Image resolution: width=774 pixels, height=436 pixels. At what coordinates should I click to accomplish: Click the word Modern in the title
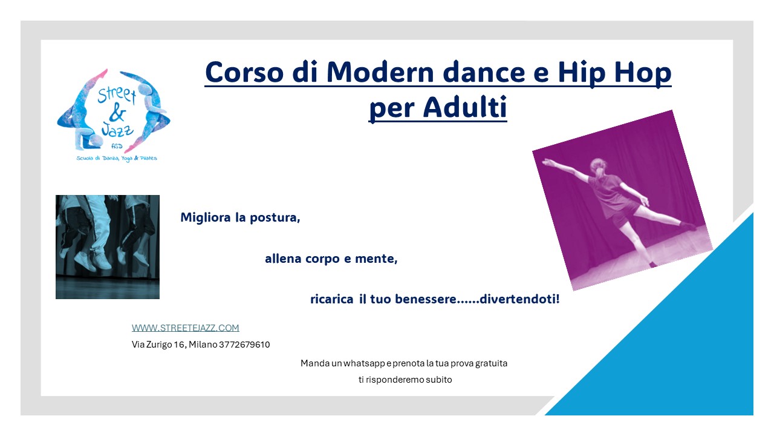point(380,72)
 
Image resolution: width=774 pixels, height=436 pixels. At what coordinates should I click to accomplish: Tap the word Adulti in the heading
point(465,107)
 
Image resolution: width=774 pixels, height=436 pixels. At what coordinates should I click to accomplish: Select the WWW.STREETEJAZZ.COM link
point(185,328)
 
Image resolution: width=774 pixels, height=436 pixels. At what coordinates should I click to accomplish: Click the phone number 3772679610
point(244,345)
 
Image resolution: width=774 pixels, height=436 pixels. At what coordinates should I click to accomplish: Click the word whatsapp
point(364,363)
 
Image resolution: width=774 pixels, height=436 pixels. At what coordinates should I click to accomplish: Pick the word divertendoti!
point(519,299)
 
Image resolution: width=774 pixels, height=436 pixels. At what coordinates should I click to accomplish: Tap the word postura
point(275,217)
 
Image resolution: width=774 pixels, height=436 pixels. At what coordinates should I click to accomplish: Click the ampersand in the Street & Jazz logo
point(117,112)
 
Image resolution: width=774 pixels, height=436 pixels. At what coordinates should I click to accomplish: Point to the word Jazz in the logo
point(117,130)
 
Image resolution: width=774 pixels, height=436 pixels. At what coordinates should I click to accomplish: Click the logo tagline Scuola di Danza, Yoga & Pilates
point(117,159)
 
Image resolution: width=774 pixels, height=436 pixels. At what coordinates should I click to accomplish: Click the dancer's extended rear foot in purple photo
point(688,226)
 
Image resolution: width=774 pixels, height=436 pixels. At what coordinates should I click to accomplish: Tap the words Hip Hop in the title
point(614,72)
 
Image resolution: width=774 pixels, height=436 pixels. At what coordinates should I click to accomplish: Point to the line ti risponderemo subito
point(405,380)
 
